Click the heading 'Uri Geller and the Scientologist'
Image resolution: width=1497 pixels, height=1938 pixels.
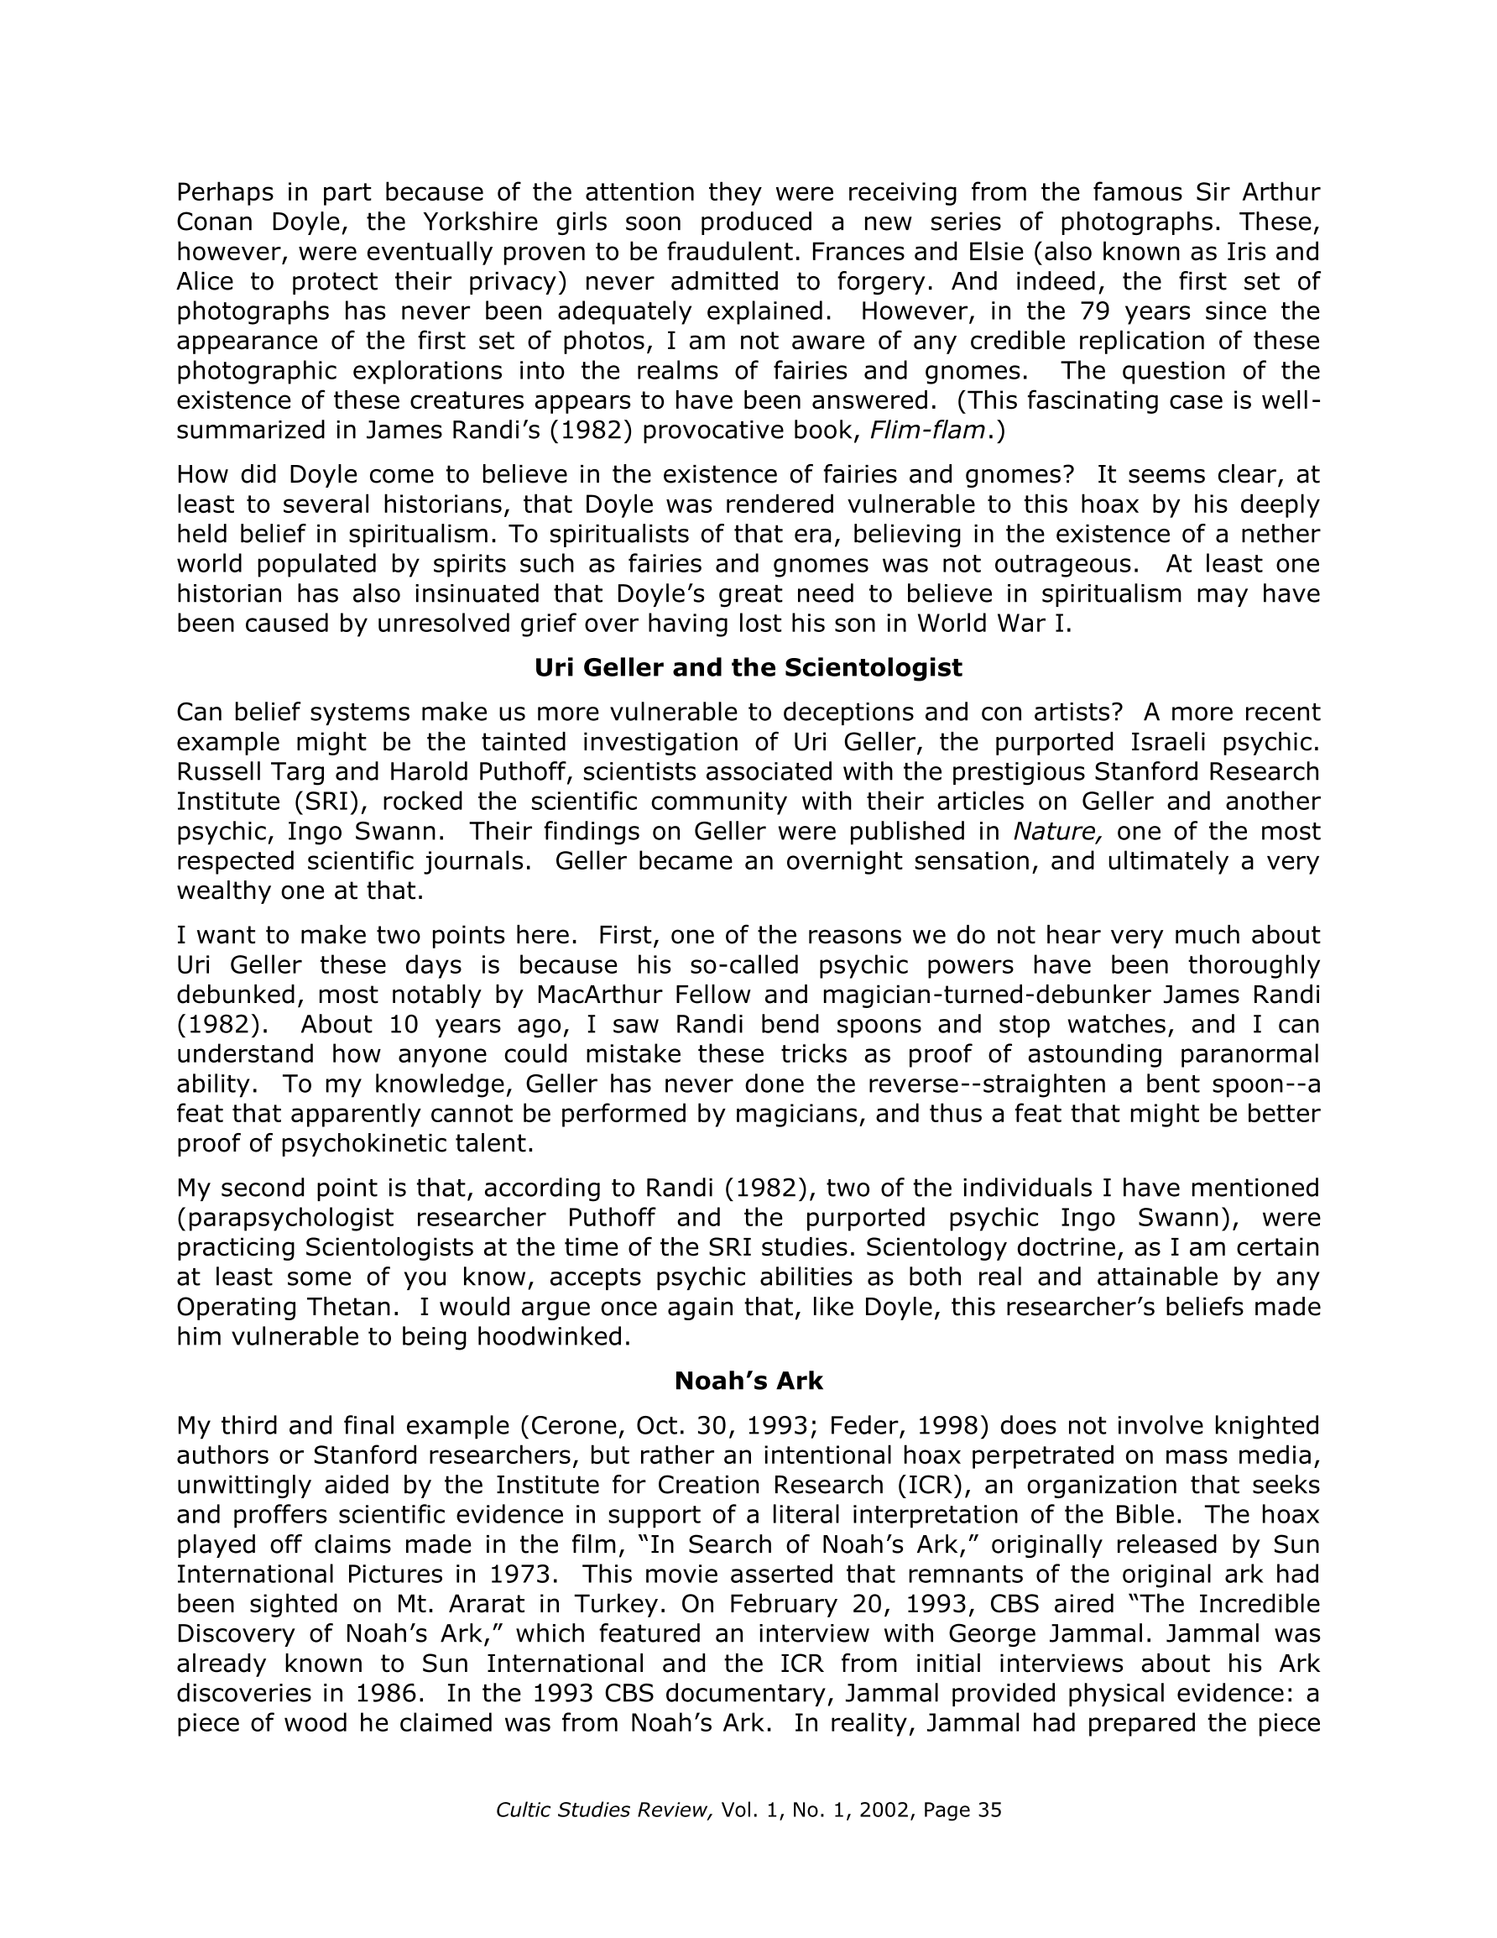[x=748, y=668]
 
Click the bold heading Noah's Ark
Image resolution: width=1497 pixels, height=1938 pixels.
[x=748, y=1381]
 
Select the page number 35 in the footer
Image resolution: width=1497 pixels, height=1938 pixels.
[x=988, y=1810]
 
